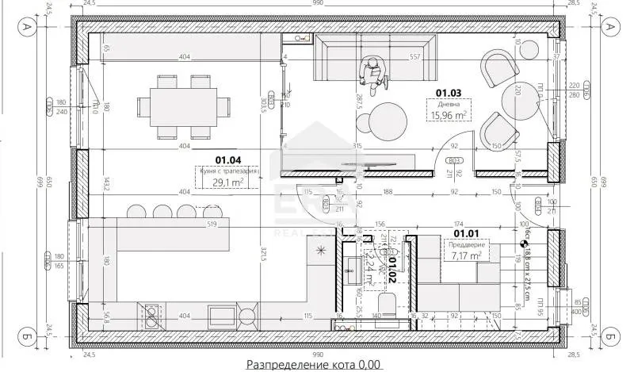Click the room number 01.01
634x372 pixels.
click(466, 232)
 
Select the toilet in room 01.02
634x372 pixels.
click(387, 308)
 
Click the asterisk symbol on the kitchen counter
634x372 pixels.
click(321, 251)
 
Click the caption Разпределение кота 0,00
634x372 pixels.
click(314, 364)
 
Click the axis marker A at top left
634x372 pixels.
click(26, 26)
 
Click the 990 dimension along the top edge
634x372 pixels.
click(316, 5)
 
